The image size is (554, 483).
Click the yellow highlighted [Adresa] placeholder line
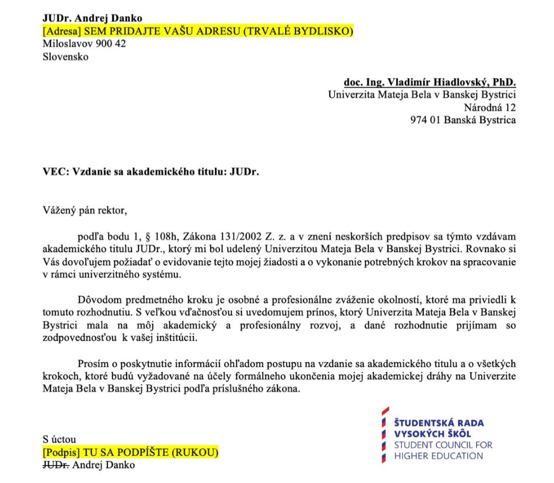(197, 31)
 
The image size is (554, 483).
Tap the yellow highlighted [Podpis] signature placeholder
(131, 453)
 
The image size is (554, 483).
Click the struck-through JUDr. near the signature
(56, 465)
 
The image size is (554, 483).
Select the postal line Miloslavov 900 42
(84, 44)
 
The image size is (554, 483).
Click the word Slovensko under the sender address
(65, 57)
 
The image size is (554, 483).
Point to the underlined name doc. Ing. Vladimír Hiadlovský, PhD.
(429, 82)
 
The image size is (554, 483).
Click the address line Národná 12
(489, 108)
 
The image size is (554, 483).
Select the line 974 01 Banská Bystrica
(463, 121)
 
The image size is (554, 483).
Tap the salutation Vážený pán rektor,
(84, 210)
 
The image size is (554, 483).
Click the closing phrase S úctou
(60, 439)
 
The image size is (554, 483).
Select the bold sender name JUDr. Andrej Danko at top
(92, 18)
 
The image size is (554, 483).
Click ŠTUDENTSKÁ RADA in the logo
(439, 423)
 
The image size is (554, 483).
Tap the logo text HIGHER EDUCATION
(439, 456)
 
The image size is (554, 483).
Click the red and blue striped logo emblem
(384, 435)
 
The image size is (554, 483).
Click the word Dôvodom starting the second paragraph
(100, 299)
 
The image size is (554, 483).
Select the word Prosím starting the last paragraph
(92, 363)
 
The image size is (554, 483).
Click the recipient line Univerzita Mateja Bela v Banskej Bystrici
(422, 95)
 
